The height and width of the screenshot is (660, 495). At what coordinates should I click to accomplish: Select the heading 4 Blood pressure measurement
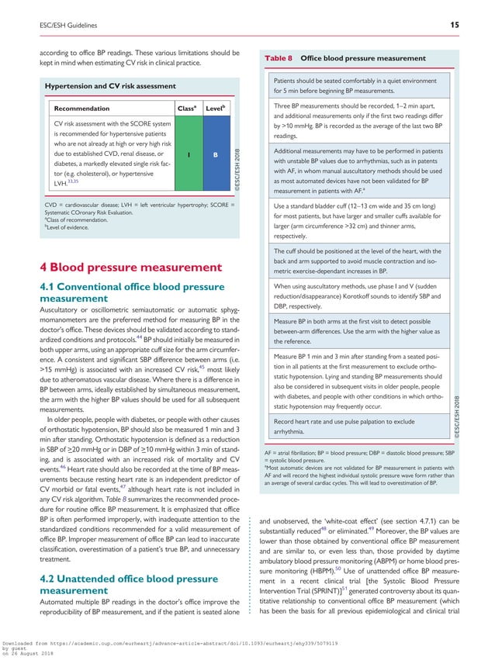click(132, 268)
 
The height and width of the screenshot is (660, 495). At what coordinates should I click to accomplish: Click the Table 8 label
click(279, 58)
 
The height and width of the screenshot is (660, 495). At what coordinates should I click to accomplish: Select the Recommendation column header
click(81, 109)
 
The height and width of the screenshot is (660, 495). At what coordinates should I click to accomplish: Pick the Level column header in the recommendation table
click(215, 108)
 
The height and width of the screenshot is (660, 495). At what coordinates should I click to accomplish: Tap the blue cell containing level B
click(215, 154)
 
